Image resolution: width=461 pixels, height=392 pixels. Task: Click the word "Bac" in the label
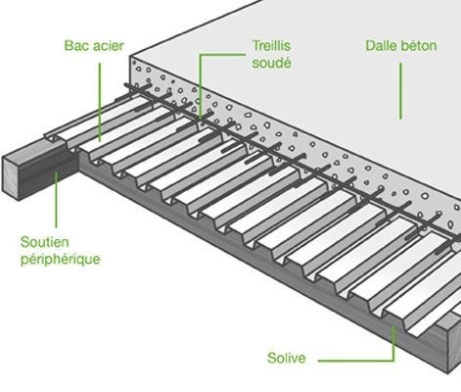pyautogui.click(x=74, y=46)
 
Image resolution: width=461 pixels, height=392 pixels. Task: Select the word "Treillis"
pyautogui.click(x=271, y=46)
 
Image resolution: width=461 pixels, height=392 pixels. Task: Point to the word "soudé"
pyautogui.click(x=271, y=63)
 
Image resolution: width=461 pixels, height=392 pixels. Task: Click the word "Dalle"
pyautogui.click(x=380, y=46)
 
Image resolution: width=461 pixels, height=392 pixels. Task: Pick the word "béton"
pyautogui.click(x=419, y=46)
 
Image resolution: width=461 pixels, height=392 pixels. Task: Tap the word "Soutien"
pyautogui.click(x=45, y=242)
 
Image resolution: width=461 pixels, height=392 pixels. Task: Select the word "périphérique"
pyautogui.click(x=61, y=260)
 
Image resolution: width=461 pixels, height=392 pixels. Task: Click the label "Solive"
pyautogui.click(x=287, y=358)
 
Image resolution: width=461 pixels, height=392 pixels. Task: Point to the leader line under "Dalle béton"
pyautogui.click(x=401, y=91)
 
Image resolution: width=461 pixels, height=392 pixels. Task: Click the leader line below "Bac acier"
pyautogui.click(x=100, y=102)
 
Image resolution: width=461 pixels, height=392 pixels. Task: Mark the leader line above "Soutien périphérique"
pyautogui.click(x=56, y=200)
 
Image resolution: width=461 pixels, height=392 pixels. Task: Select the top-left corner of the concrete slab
pyautogui.click(x=130, y=57)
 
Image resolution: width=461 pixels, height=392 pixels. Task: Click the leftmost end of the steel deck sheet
pyautogui.click(x=45, y=135)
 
